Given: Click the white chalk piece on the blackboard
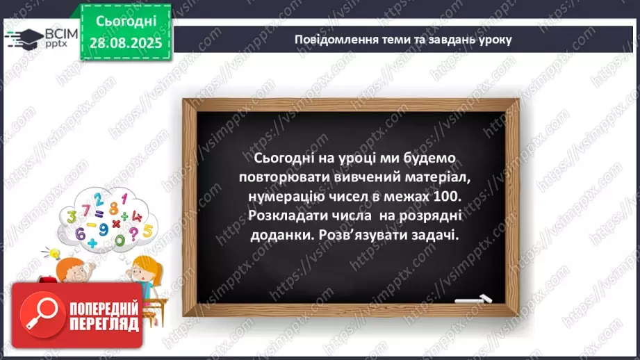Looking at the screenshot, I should pyautogui.click(x=473, y=300).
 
